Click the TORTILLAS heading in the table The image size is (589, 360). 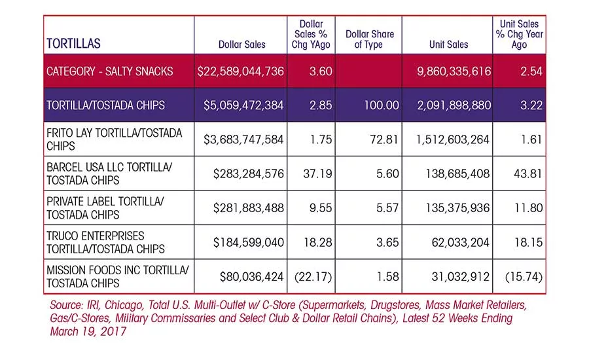[x=73, y=44]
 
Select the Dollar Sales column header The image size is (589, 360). [x=242, y=45]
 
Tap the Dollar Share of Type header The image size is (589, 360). [x=369, y=39]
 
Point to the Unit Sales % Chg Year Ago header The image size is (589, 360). [x=519, y=34]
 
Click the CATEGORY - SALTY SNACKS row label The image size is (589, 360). [x=110, y=71]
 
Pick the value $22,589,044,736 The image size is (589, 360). [x=240, y=71]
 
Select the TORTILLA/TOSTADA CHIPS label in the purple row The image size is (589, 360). [x=105, y=105]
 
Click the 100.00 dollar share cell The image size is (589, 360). [x=382, y=105]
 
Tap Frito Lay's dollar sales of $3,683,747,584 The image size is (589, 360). [x=243, y=139]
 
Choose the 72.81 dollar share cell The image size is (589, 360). [x=384, y=139]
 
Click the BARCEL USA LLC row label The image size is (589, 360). [x=109, y=173]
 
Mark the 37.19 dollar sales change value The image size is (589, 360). [x=317, y=173]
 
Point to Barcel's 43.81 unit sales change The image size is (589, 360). [x=527, y=173]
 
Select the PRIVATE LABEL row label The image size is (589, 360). [x=105, y=207]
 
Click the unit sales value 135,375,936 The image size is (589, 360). [x=457, y=207]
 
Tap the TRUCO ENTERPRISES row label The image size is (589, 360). [x=105, y=242]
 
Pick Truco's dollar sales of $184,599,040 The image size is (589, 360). [x=248, y=242]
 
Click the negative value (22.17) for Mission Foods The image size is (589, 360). [x=313, y=277]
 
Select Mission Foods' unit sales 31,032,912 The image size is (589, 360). [x=461, y=277]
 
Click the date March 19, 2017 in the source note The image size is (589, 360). [x=88, y=331]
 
